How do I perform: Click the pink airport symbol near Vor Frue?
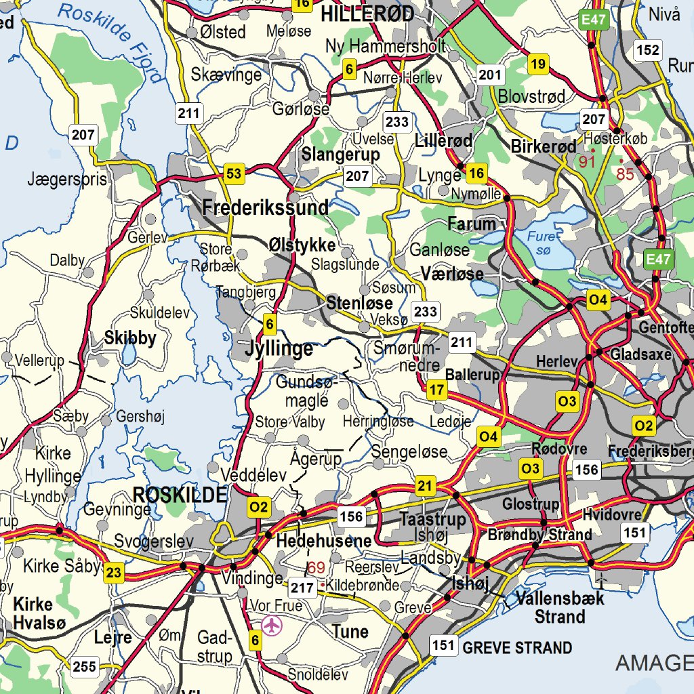(x=272, y=625)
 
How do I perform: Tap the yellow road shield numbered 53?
(x=234, y=174)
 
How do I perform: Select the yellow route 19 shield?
(x=538, y=65)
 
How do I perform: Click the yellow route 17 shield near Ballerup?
(x=437, y=390)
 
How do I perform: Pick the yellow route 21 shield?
(x=425, y=485)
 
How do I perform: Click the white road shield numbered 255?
(x=85, y=667)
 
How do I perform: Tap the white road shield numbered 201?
(x=491, y=75)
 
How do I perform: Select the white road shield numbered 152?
(x=648, y=49)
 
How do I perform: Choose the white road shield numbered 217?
(x=302, y=588)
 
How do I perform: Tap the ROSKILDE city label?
(x=180, y=495)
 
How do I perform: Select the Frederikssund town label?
(x=265, y=207)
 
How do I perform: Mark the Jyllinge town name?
(x=279, y=349)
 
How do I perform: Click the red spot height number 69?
(x=316, y=568)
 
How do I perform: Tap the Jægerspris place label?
(x=67, y=180)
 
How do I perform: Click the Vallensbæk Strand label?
(x=550, y=608)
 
